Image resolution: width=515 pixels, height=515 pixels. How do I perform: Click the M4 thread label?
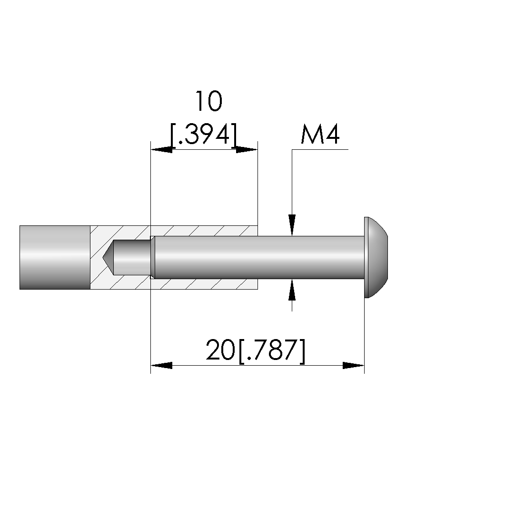pos(320,135)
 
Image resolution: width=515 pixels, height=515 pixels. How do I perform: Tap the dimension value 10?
pos(209,101)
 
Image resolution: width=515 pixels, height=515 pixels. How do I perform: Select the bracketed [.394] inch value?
pos(204,135)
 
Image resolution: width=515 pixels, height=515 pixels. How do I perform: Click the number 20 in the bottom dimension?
pos(220,350)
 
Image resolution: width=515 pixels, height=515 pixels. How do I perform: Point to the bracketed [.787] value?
pos(271,351)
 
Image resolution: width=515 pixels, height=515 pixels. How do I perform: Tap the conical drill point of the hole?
pos(108,257)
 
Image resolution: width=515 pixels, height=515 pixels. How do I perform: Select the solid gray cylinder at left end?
pos(55,258)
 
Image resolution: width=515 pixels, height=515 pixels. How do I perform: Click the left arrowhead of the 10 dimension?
pos(161,150)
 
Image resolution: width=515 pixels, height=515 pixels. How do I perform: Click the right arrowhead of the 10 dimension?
pos(247,150)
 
